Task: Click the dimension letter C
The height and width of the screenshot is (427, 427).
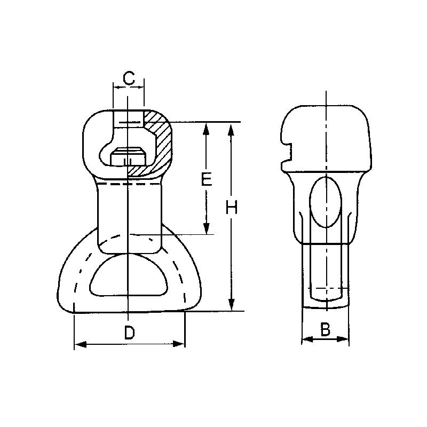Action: coord(128,78)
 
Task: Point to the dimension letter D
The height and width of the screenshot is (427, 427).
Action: coord(129,332)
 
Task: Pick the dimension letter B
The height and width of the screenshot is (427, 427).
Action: coord(325,329)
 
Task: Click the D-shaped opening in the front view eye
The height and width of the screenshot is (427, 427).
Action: coord(129,274)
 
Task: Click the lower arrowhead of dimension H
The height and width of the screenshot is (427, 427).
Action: coord(231,306)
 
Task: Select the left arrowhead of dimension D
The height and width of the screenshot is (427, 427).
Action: coord(78,344)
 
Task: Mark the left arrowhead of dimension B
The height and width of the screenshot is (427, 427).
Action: coord(306,339)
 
